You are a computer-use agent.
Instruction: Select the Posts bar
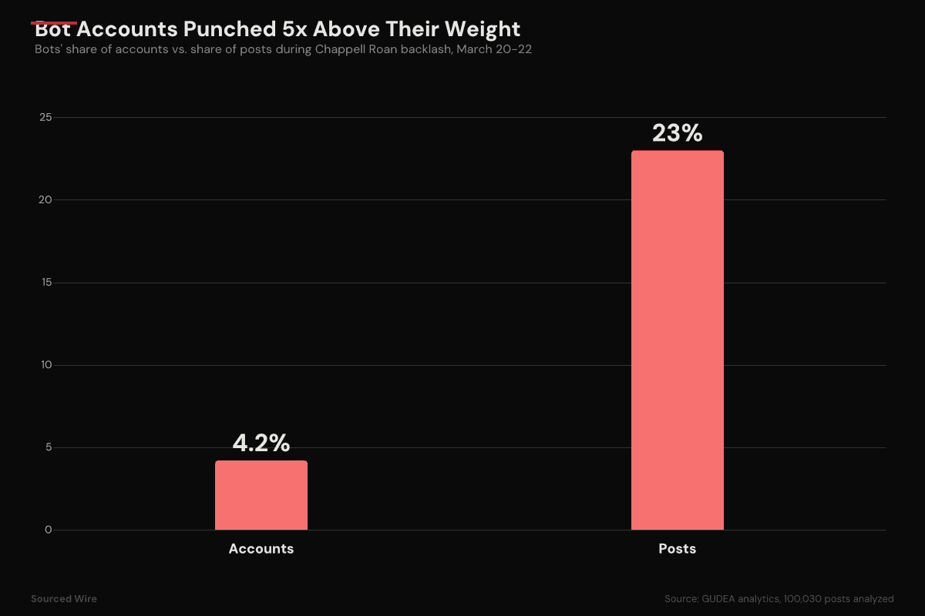pos(678,340)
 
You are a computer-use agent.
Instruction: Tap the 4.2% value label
pos(261,444)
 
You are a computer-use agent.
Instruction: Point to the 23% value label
pos(678,133)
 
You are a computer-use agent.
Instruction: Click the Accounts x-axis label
pos(261,549)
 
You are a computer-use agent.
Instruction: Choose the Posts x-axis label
pos(678,549)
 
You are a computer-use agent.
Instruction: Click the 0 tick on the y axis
pos(48,530)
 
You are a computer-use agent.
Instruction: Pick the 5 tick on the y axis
pos(48,447)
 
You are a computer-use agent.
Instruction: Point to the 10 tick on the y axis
pos(46,365)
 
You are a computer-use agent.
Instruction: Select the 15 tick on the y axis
pos(46,283)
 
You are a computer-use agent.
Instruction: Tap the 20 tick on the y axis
pos(46,200)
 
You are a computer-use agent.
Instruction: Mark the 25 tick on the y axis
pos(46,118)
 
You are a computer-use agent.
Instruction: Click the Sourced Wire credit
pos(64,598)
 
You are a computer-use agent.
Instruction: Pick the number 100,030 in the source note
pos(807,598)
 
